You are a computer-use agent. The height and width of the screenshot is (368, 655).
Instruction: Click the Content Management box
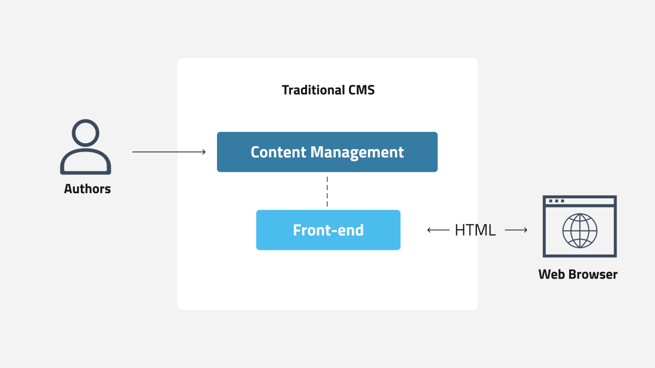327,152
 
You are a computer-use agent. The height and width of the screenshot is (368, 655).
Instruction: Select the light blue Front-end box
328,230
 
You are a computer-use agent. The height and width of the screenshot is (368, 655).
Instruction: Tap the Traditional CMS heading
328,90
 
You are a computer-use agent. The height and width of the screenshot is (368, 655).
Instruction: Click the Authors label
88,189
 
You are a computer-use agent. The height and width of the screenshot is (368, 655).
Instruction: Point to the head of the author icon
85,133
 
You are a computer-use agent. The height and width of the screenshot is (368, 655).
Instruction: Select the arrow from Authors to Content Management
169,152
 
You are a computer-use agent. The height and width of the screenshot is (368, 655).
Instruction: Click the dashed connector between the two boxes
327,191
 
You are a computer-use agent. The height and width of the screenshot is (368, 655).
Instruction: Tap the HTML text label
475,230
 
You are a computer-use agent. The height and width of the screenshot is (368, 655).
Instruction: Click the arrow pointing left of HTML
438,230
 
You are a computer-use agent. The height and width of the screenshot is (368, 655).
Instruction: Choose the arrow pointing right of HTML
516,230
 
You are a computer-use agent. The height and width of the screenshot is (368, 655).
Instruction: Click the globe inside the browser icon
580,231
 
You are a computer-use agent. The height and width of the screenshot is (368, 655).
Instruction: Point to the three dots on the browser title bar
556,201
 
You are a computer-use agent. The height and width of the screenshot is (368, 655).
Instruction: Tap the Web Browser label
578,274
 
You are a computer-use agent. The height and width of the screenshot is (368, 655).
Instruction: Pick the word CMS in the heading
361,90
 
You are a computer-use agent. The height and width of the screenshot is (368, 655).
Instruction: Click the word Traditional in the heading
313,90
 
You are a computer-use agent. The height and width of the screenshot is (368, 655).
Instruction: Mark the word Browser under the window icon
593,274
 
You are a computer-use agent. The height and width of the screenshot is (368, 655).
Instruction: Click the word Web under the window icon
551,274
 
